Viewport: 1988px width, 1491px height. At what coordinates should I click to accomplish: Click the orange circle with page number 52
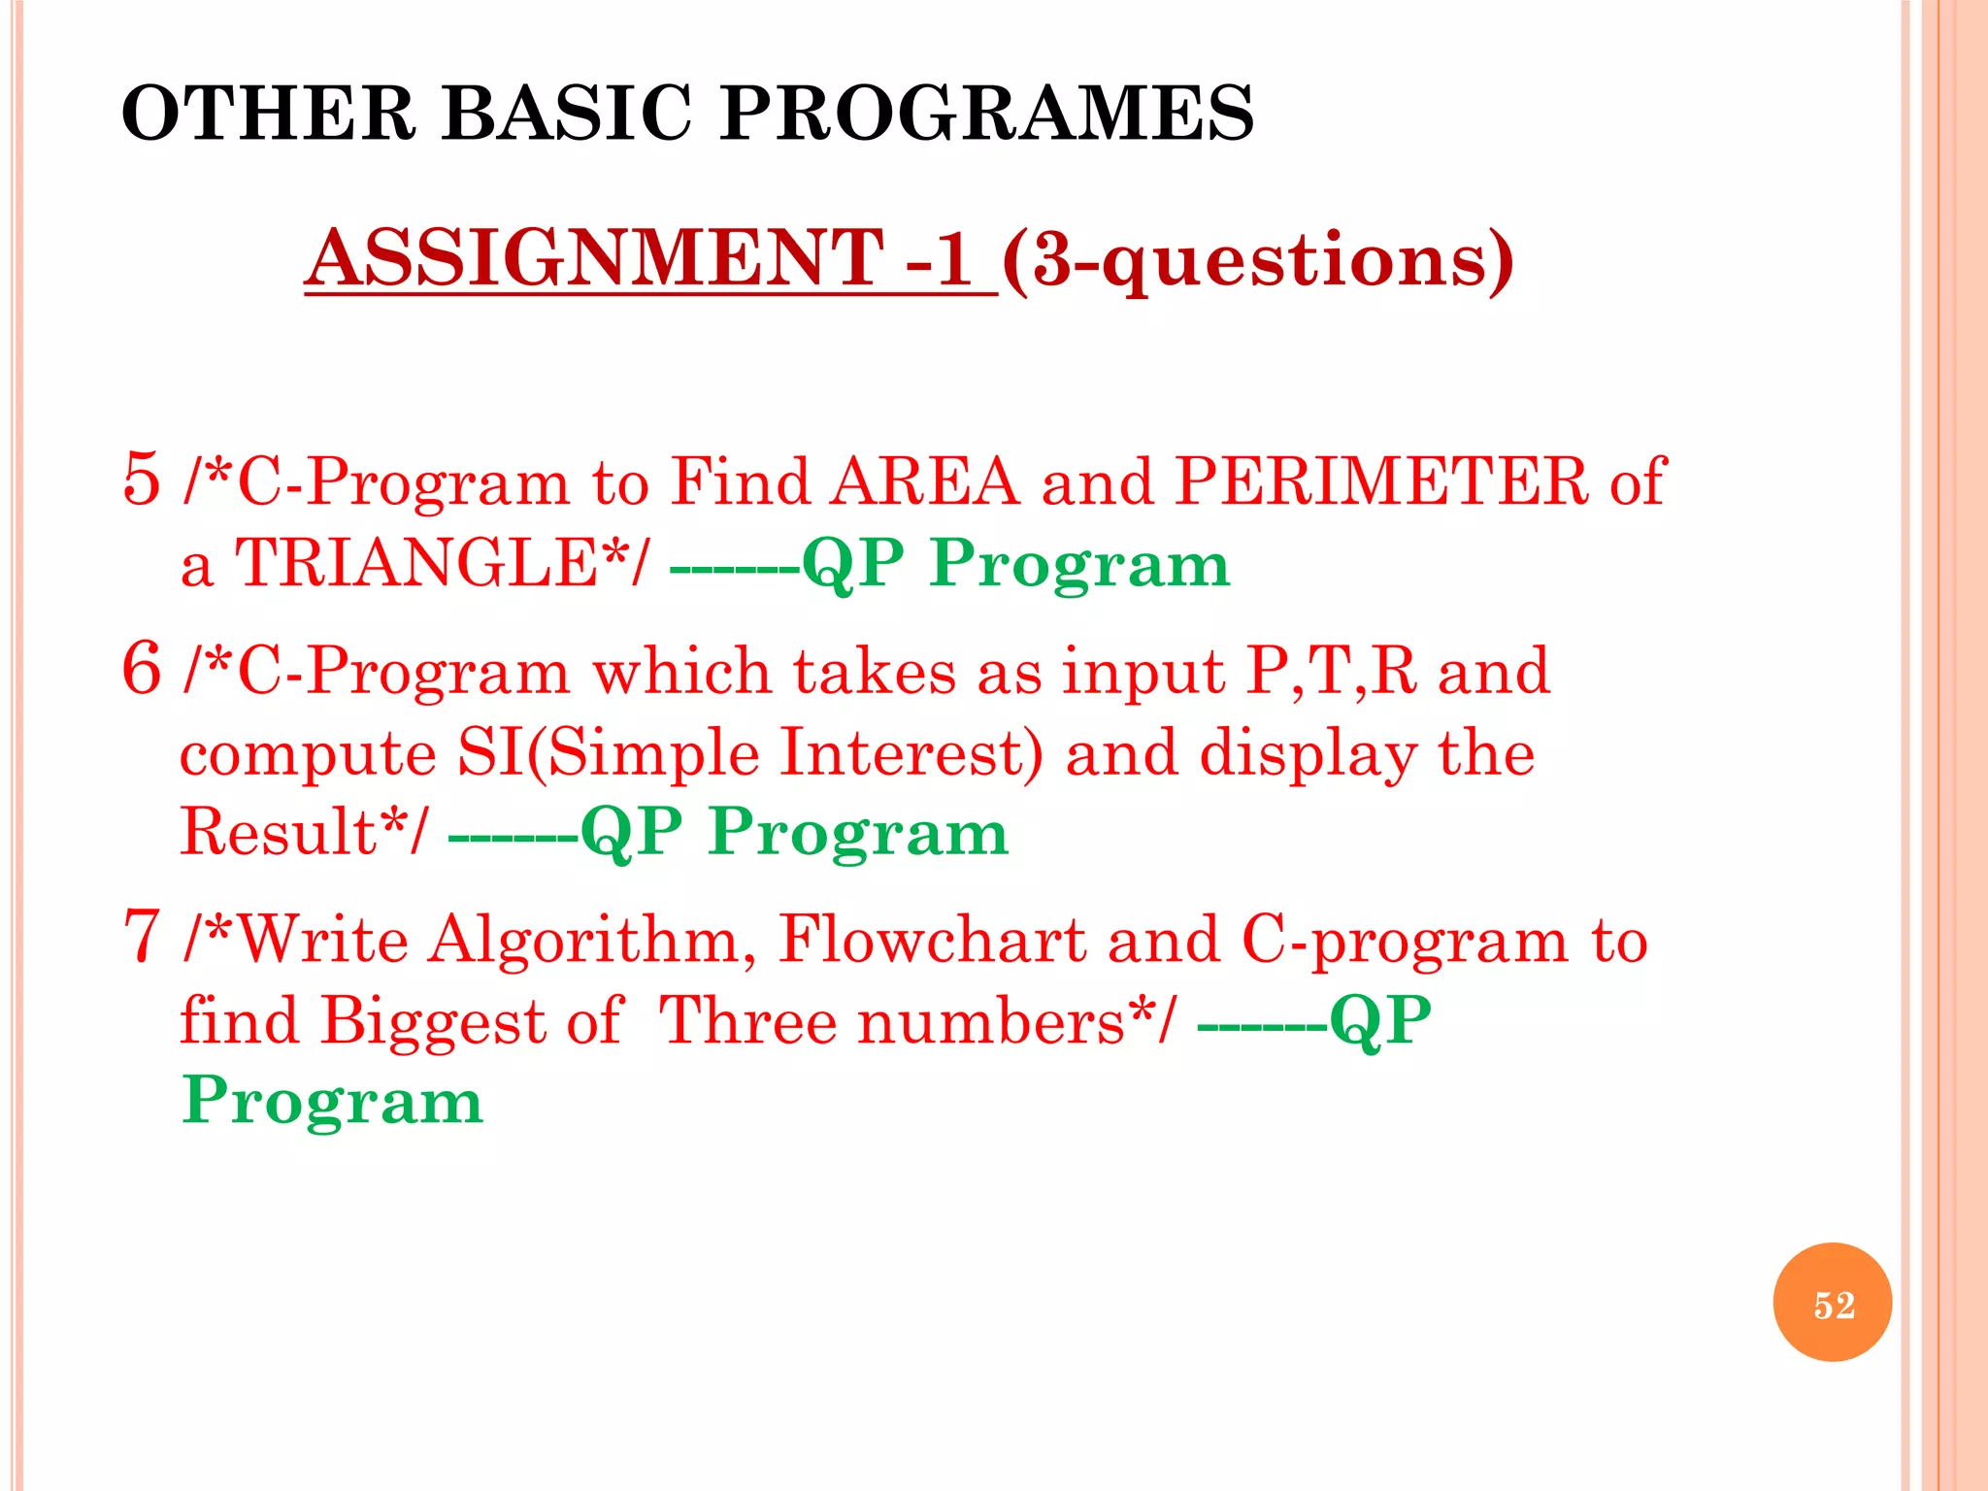coord(1832,1303)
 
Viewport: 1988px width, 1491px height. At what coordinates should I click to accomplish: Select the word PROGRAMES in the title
coord(987,114)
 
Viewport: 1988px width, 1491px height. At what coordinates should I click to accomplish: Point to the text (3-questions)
coord(1257,260)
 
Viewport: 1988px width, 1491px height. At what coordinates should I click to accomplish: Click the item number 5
coord(142,479)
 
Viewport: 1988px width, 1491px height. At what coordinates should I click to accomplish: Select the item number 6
coord(142,669)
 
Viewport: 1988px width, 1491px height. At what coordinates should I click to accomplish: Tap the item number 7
coord(142,937)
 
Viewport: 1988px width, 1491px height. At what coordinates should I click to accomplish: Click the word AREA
coord(924,481)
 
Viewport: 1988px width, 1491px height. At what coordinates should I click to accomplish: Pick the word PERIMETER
coord(1380,481)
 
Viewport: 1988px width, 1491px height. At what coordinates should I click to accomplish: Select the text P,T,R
coord(1331,671)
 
